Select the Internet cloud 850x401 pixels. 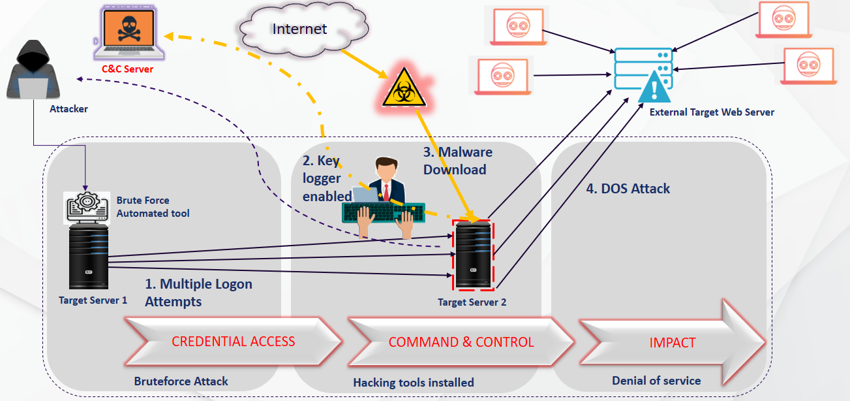click(x=300, y=29)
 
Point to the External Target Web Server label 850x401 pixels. click(x=712, y=112)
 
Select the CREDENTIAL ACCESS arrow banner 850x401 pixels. click(x=233, y=342)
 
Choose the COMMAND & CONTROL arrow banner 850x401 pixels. click(x=461, y=342)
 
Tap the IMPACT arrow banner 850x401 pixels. click(x=672, y=342)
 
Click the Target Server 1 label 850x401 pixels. click(x=93, y=300)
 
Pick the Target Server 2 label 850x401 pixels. click(x=472, y=302)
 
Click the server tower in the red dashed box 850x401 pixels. click(x=474, y=255)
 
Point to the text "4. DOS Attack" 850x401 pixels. click(x=628, y=189)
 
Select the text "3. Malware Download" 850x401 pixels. click(x=457, y=161)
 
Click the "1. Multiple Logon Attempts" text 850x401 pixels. click(x=198, y=293)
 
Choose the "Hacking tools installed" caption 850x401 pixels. click(x=414, y=382)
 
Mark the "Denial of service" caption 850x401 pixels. click(x=656, y=381)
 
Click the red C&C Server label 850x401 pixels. click(x=127, y=69)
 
